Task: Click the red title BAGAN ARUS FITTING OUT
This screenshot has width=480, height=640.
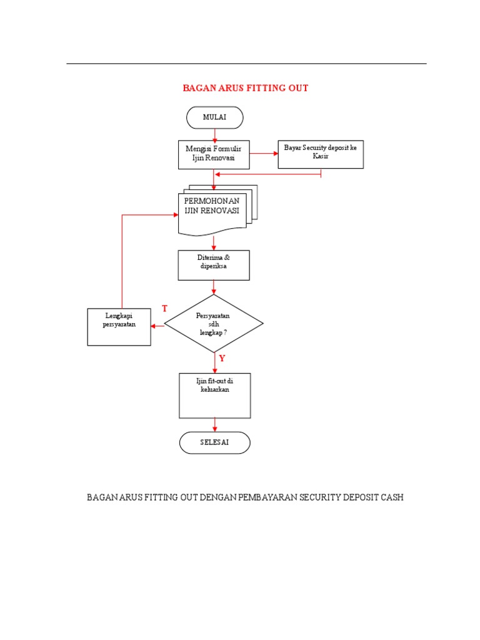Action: click(245, 88)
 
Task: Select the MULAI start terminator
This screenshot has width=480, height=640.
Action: click(214, 117)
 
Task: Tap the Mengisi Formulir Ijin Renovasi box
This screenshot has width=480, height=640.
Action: click(214, 154)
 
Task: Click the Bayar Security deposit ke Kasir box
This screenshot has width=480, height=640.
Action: click(320, 154)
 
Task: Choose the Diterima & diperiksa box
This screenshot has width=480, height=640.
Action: click(214, 265)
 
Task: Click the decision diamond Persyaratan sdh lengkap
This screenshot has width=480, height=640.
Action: click(214, 324)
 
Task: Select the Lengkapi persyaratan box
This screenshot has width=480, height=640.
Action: click(119, 327)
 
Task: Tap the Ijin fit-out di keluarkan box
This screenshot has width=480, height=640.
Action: click(214, 395)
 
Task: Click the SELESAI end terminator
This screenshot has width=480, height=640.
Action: click(214, 442)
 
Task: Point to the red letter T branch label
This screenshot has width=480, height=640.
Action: click(165, 309)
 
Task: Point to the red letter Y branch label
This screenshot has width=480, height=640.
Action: click(222, 358)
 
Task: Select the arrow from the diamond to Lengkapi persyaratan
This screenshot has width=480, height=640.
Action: click(157, 324)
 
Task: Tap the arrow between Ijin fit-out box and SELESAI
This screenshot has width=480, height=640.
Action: click(214, 424)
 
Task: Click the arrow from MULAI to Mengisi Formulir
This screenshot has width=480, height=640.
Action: click(214, 134)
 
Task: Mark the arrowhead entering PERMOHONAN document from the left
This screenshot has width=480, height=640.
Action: click(175, 214)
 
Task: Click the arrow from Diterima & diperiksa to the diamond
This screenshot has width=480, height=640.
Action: click(214, 287)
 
